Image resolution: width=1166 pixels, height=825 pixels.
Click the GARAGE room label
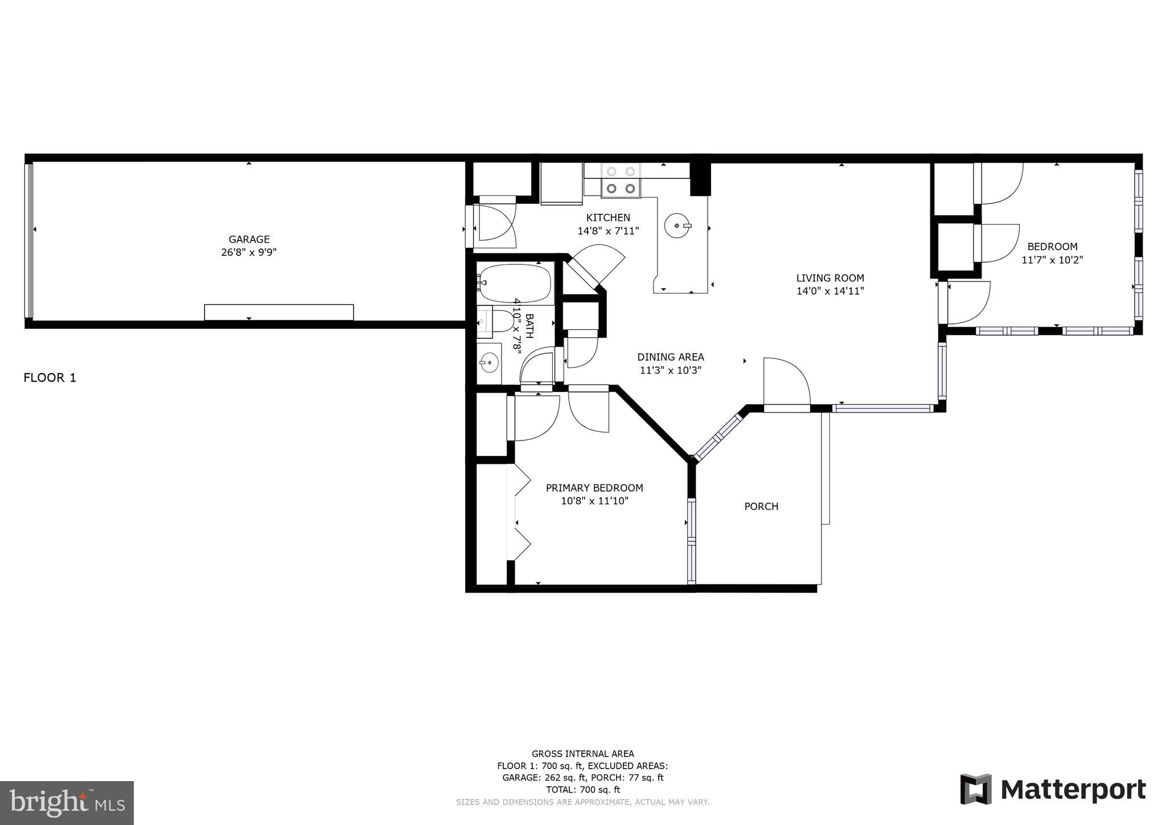249,239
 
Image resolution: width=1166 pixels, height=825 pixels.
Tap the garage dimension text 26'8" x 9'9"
249,252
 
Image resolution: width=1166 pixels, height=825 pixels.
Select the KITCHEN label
608,218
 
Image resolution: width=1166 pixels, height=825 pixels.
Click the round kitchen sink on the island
677,226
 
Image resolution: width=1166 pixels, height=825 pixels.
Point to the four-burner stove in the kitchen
621,180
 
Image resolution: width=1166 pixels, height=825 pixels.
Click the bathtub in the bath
515,283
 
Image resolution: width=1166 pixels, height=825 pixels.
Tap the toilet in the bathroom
502,322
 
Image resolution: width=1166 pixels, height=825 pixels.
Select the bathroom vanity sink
488,361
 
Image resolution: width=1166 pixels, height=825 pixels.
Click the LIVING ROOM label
830,278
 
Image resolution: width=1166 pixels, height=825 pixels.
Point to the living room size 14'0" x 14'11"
830,291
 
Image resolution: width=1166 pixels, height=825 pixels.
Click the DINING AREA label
670,357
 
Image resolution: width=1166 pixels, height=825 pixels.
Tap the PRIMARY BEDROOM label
594,488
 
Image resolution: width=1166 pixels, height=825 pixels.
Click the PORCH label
761,507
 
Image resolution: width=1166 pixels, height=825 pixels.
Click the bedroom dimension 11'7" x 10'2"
1052,260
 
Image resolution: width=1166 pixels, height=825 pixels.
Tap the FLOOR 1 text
50,378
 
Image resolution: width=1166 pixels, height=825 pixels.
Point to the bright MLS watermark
67,803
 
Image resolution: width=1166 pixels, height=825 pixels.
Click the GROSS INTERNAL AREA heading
582,754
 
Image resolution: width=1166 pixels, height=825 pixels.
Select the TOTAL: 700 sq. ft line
582,790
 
